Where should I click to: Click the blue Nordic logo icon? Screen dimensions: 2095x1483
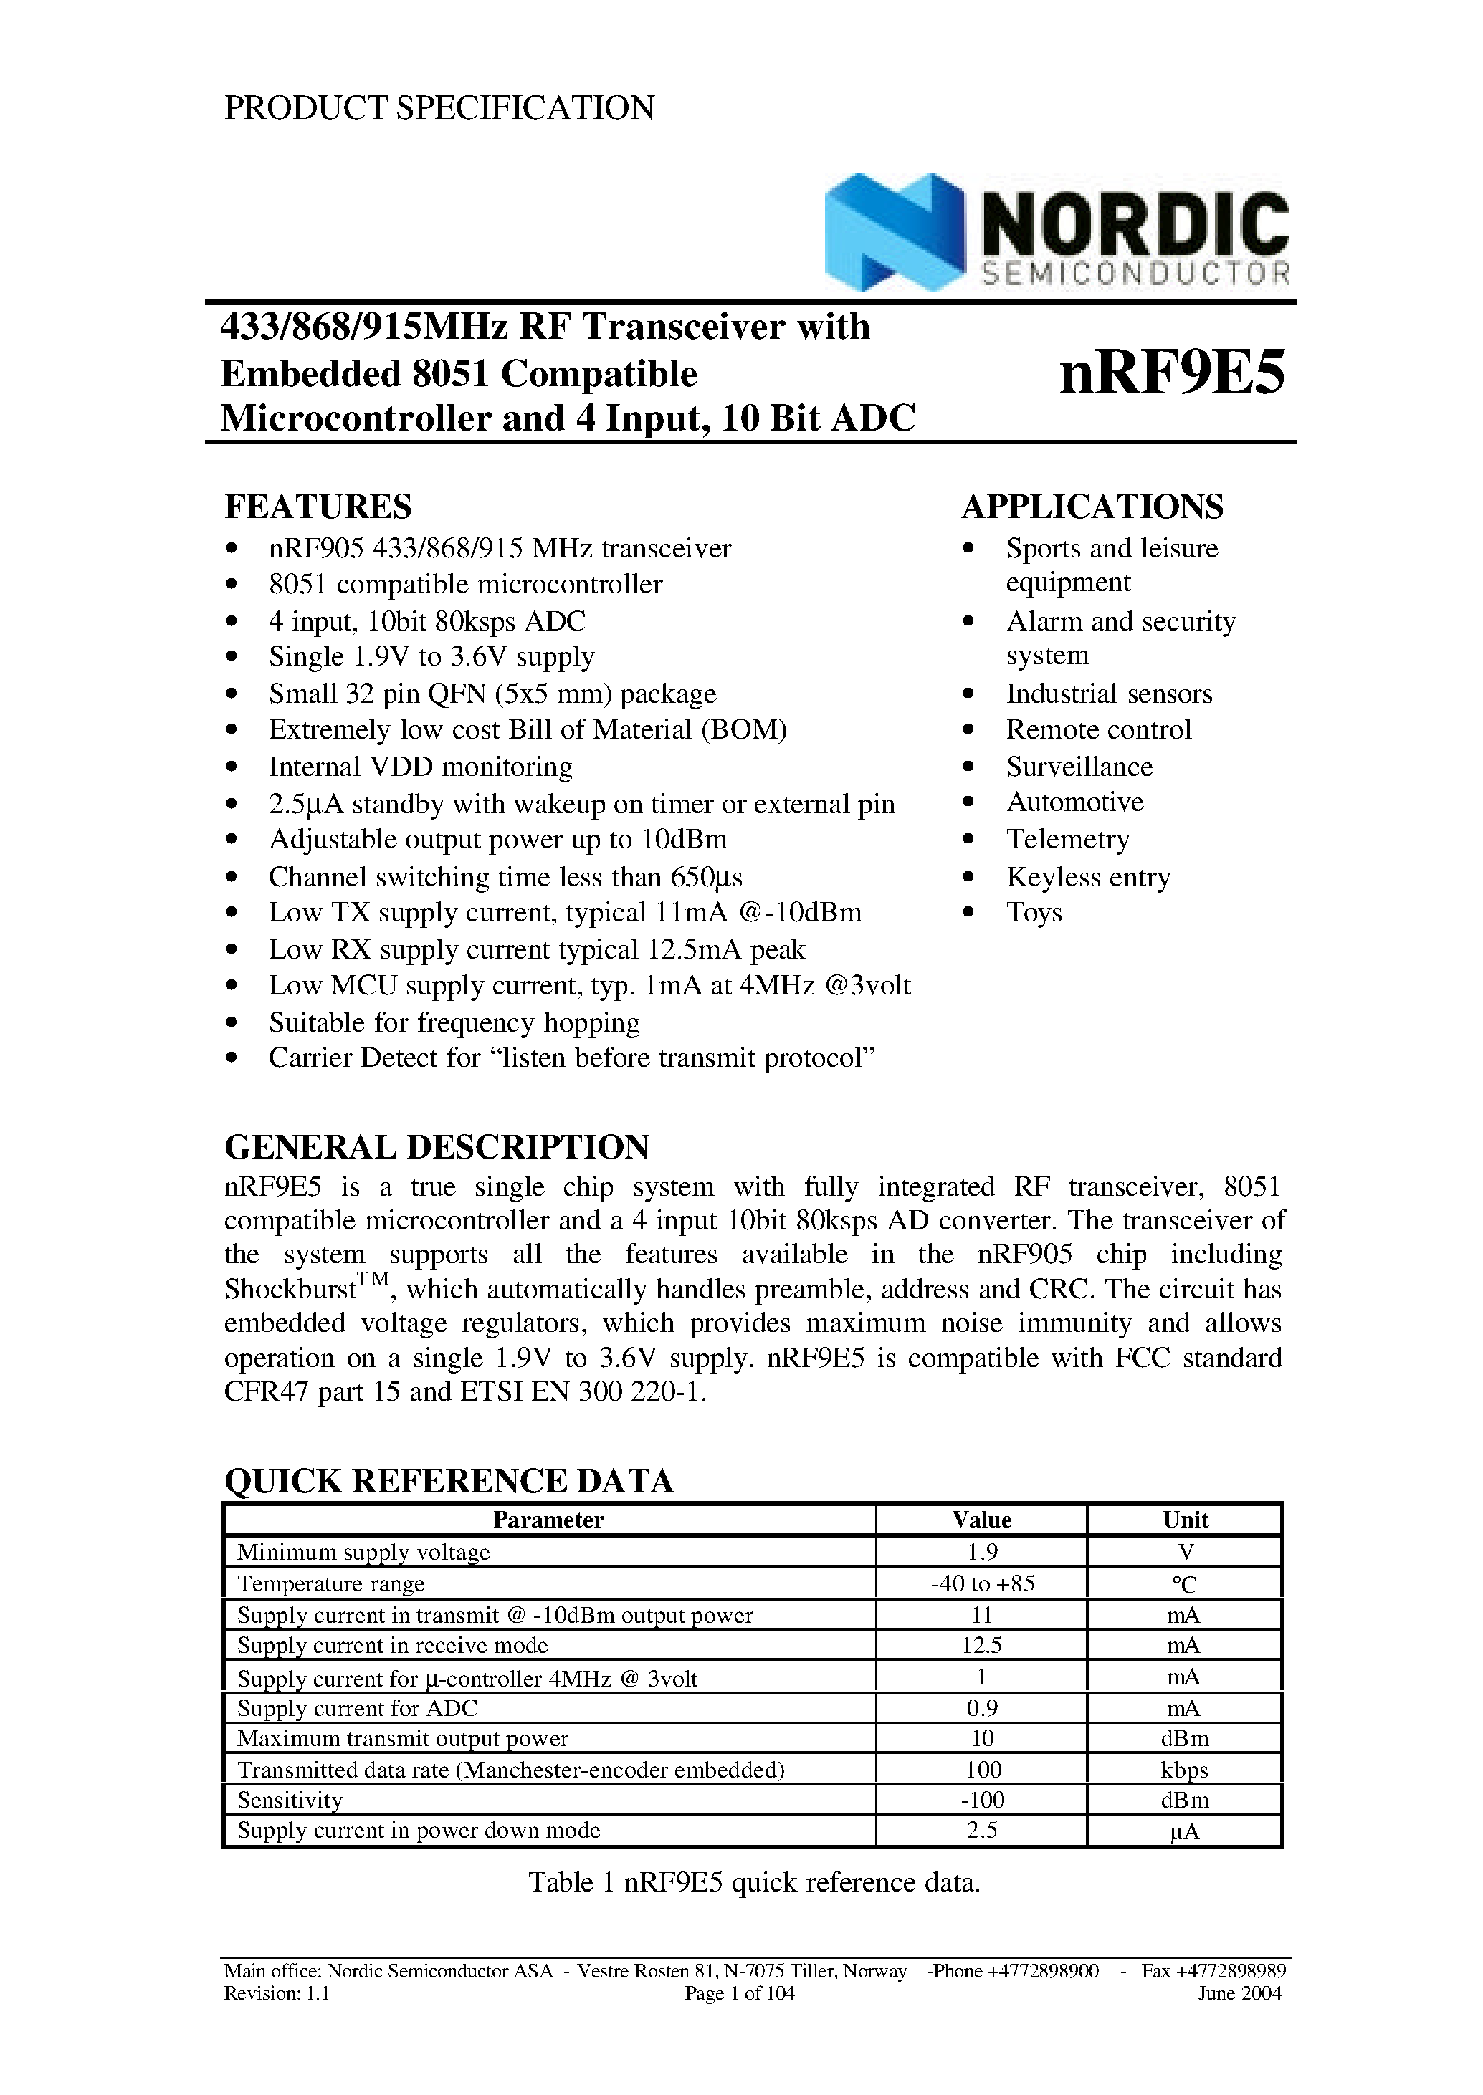893,232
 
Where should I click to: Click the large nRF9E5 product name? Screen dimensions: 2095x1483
1172,373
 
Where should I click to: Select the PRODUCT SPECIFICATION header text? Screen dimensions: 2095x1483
439,107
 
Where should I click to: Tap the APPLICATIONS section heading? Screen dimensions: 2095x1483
1092,507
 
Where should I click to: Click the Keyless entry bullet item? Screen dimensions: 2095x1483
1087,877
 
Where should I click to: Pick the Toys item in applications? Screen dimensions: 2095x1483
1034,913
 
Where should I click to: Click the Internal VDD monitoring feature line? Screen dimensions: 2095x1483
420,767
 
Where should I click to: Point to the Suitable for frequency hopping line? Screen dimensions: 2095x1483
454,1022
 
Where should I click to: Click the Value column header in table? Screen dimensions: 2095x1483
982,1520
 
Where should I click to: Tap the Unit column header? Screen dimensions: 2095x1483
1184,1520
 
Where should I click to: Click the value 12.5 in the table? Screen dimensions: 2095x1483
982,1646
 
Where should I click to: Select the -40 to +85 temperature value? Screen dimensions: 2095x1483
982,1584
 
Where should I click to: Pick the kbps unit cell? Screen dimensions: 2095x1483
1184,1770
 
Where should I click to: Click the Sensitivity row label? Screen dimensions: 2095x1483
290,1800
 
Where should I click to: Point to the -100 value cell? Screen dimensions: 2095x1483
982,1800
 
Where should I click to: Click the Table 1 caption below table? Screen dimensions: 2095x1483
754,1882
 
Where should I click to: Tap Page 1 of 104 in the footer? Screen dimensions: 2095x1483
740,1994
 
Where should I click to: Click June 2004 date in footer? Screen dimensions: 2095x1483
1239,1994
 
